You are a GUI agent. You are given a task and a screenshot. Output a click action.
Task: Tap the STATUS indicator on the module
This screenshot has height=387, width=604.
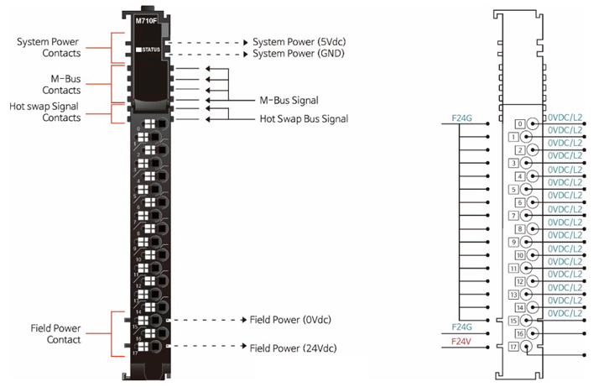pos(150,51)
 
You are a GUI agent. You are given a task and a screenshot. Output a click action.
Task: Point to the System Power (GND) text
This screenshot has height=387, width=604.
pos(303,54)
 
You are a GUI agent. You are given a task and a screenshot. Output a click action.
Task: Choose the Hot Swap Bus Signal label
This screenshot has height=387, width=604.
pos(304,119)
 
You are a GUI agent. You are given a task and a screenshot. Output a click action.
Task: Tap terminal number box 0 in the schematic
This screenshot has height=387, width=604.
pos(520,123)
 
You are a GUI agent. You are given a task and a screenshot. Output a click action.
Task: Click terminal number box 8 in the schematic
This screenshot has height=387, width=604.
pos(520,228)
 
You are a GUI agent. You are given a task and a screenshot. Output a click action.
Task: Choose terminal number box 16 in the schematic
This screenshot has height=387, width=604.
pos(520,333)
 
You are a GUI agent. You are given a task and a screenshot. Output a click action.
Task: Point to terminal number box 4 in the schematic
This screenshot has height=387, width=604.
pos(520,176)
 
